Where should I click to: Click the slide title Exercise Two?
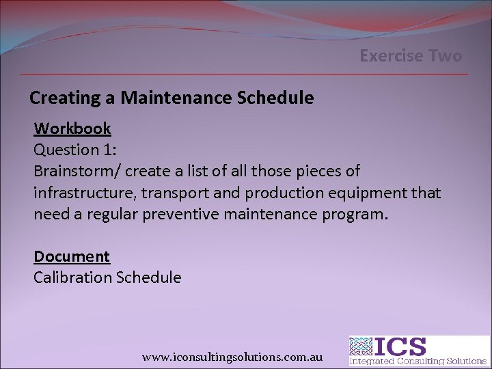point(411,56)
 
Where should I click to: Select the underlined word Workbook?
point(72,128)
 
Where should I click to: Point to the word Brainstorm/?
point(74,170)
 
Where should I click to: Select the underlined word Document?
point(72,256)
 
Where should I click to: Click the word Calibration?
point(72,277)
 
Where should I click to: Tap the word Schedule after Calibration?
point(148,277)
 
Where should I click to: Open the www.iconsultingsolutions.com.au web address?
point(232,357)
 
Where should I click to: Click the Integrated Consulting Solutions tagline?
point(418,361)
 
